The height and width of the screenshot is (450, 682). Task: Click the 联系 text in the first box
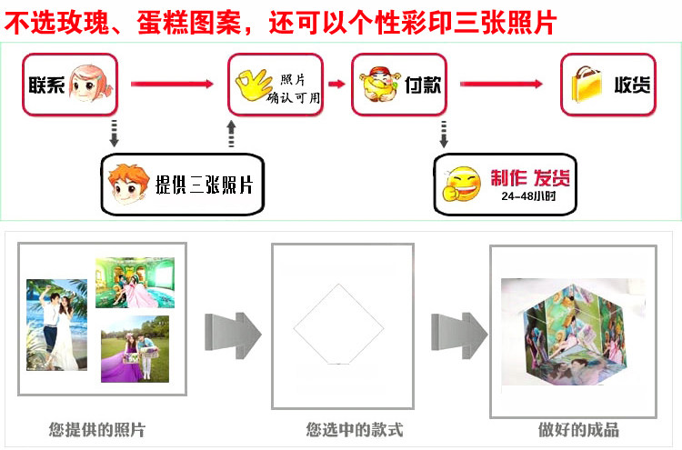(45, 84)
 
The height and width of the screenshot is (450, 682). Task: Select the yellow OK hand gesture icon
(254, 86)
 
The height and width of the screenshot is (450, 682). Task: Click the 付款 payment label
(423, 85)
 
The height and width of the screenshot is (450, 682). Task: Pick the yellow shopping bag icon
(587, 85)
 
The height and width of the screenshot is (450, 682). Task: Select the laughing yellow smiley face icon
(461, 183)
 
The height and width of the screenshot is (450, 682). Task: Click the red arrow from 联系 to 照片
(172, 85)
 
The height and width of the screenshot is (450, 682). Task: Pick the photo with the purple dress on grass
(135, 348)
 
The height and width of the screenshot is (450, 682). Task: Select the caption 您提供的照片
(96, 429)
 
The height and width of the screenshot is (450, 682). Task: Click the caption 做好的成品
(578, 429)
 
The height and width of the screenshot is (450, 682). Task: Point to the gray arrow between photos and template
(232, 332)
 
